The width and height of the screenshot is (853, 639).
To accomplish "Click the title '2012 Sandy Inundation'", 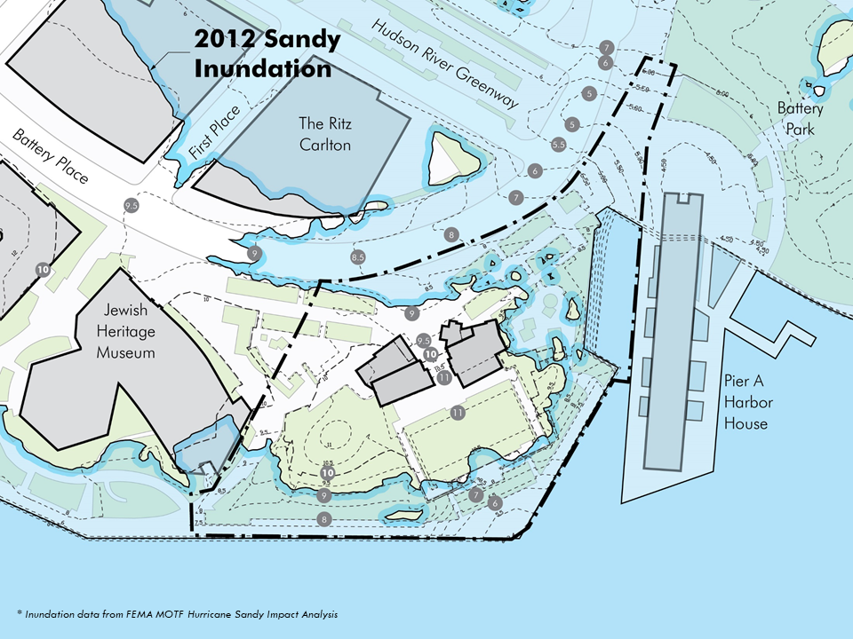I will [267, 54].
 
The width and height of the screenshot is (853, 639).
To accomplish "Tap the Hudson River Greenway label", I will [445, 64].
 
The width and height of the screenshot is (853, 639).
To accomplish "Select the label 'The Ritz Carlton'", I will [324, 133].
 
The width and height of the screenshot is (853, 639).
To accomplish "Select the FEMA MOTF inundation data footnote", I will [177, 614].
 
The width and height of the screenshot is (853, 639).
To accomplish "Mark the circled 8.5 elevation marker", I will [359, 257].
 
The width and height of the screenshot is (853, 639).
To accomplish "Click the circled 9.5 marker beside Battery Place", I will [132, 206].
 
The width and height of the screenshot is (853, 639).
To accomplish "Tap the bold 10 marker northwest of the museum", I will [42, 268].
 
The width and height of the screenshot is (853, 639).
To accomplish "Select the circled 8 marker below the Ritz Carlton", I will [452, 235].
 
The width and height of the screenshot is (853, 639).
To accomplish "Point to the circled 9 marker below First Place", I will [255, 254].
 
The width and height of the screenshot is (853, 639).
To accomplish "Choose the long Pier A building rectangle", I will [674, 328].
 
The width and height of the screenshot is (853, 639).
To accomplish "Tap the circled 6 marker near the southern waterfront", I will [495, 503].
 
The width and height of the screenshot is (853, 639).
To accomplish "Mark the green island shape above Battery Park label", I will [835, 49].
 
